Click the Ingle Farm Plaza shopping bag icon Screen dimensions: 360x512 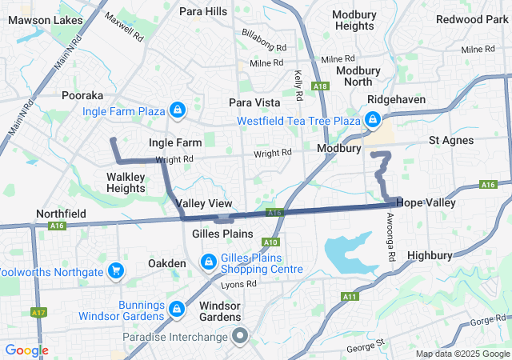pyautogui.click(x=177, y=110)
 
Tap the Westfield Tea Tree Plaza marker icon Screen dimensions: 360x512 pyautogui.click(x=372, y=121)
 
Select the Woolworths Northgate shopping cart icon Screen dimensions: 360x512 pyautogui.click(x=117, y=271)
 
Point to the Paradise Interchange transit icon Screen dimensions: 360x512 pyautogui.click(x=238, y=335)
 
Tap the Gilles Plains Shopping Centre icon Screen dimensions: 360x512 pyautogui.click(x=208, y=262)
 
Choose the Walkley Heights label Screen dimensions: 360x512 pyautogui.click(x=126, y=182)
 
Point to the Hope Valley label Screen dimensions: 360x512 pyautogui.click(x=426, y=203)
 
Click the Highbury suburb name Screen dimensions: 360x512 pyautogui.click(x=430, y=255)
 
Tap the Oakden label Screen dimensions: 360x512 pyautogui.click(x=167, y=263)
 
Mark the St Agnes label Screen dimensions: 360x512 pyautogui.click(x=451, y=140)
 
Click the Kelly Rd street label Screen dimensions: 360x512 pyautogui.click(x=298, y=85)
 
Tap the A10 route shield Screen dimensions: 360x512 pyautogui.click(x=270, y=242)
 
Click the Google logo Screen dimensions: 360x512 pyautogui.click(x=26, y=350)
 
